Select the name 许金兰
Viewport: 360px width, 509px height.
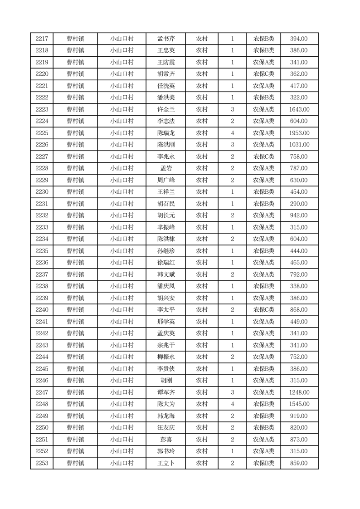pyautogui.click(x=166, y=109)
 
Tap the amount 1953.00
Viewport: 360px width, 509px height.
pyautogui.click(x=299, y=133)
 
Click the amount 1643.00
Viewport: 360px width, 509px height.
pyautogui.click(x=299, y=109)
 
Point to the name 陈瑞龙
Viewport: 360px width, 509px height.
pyautogui.click(x=166, y=133)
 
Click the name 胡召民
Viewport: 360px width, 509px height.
pyautogui.click(x=166, y=204)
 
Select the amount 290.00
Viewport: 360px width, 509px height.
pyautogui.click(x=299, y=204)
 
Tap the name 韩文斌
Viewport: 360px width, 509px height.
pyautogui.click(x=166, y=274)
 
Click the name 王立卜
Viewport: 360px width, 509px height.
pyautogui.click(x=166, y=463)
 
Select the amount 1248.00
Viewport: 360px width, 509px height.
pyautogui.click(x=299, y=392)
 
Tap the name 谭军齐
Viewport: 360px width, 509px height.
pyautogui.click(x=166, y=392)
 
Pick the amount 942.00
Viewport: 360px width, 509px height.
pyautogui.click(x=299, y=215)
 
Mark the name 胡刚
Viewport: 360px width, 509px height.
pyautogui.click(x=166, y=381)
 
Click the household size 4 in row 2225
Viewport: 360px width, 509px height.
pyautogui.click(x=233, y=133)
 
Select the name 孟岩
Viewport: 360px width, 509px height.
pyautogui.click(x=166, y=168)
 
